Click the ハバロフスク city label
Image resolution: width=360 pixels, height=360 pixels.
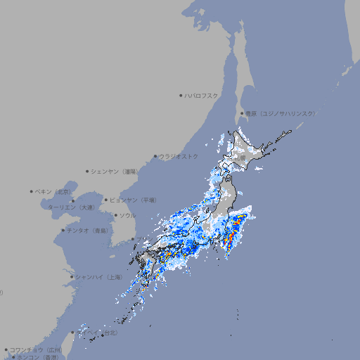[202, 95]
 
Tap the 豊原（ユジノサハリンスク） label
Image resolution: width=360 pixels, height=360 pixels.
[280, 113]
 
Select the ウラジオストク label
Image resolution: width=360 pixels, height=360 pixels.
[179, 156]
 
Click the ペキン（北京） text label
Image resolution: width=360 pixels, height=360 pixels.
[55, 191]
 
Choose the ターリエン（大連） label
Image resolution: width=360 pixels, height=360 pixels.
[71, 207]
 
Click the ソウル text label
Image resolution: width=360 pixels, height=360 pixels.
[127, 215]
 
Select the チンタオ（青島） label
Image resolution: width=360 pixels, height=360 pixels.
[87, 230]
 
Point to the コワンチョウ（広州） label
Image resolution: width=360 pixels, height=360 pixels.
[36, 349]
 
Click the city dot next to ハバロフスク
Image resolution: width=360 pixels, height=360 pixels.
[181, 95]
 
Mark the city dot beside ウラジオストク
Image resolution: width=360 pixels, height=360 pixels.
[155, 156]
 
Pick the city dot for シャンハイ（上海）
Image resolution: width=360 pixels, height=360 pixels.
[72, 277]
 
